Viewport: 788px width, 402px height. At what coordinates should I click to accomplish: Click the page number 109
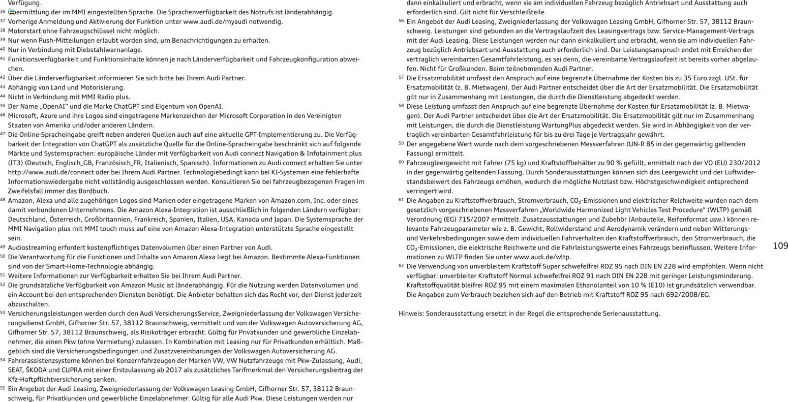[780, 246]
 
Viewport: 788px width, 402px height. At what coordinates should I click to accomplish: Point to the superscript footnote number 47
[3, 134]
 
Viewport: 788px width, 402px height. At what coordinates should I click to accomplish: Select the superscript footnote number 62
[401, 266]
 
